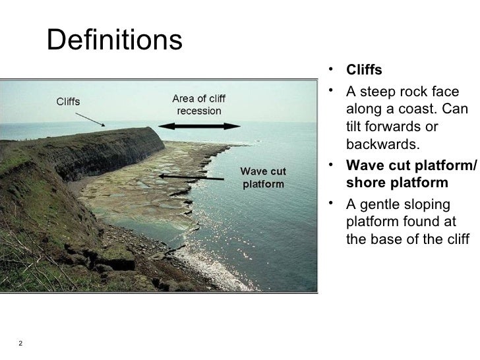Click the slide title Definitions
[x=114, y=42]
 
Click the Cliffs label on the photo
[x=67, y=102]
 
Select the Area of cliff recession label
[x=198, y=104]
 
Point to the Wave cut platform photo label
[x=263, y=177]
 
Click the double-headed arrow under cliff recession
[x=199, y=126]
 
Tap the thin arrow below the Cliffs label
[x=89, y=119]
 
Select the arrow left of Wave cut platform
[x=191, y=177]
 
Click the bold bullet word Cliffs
[x=364, y=71]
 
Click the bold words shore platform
[x=396, y=182]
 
